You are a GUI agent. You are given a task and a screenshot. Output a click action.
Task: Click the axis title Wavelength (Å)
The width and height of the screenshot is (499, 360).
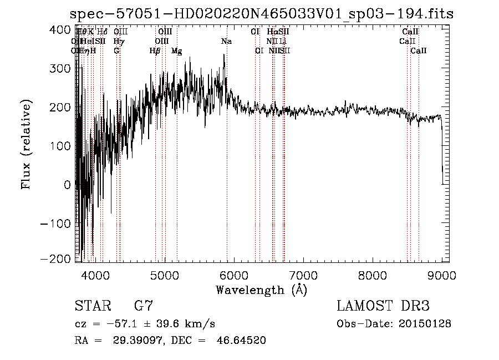[261, 290]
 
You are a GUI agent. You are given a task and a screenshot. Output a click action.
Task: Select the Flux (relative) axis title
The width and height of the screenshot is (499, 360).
[26, 145]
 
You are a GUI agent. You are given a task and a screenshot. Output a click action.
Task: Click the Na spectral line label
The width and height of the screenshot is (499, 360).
[226, 41]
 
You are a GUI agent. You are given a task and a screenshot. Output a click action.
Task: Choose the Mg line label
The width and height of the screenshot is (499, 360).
[177, 51]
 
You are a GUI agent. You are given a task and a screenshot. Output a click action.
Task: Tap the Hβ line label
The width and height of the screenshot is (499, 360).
[155, 51]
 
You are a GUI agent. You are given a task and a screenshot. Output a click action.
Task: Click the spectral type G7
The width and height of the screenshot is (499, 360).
[143, 306]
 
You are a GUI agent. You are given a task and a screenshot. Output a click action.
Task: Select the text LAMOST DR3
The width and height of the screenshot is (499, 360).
[383, 306]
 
